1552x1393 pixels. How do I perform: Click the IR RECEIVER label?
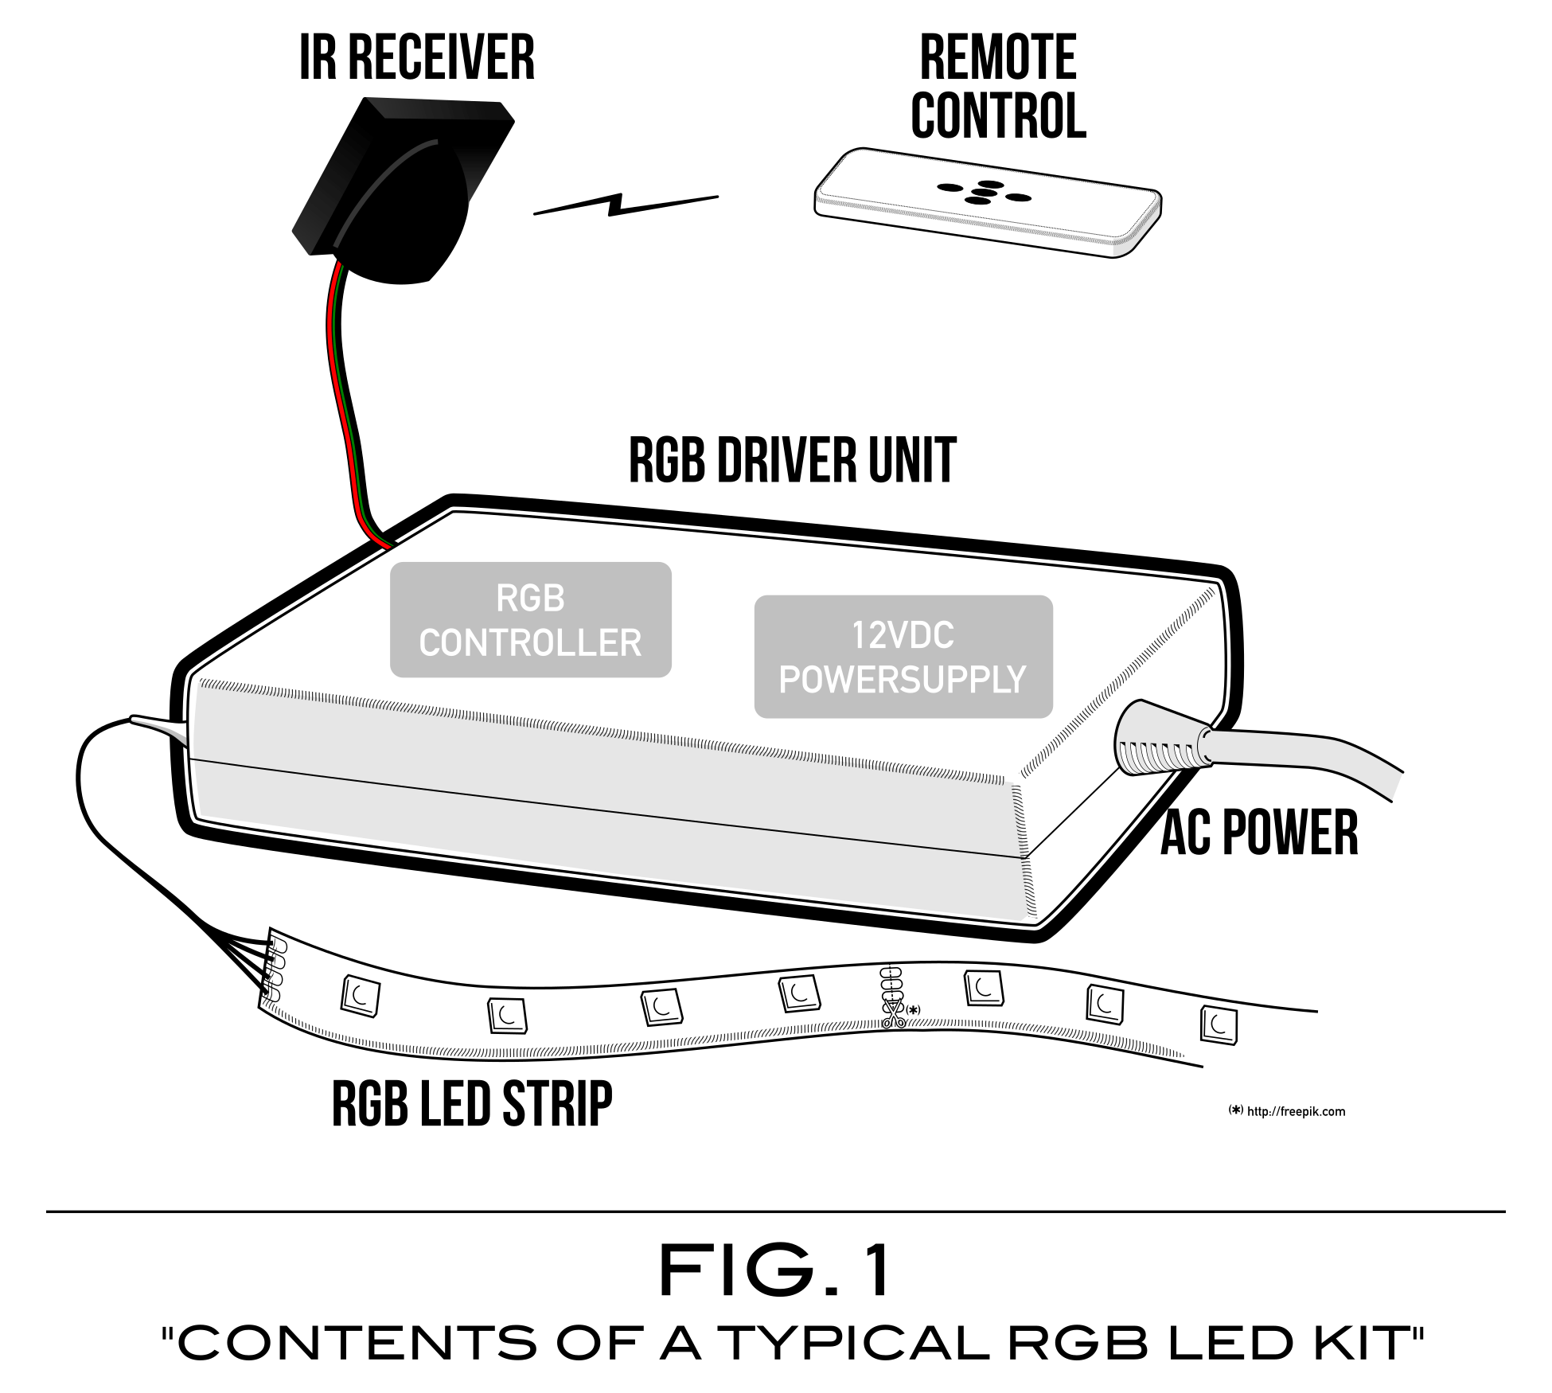tap(416, 57)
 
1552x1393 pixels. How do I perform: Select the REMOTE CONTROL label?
tap(998, 86)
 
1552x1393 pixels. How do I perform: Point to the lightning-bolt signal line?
tap(625, 205)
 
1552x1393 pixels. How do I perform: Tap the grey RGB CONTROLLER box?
tap(530, 620)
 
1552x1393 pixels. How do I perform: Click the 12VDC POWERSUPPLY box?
tap(903, 657)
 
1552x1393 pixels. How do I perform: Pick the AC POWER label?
tap(1259, 833)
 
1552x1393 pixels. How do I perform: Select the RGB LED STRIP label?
tap(472, 1104)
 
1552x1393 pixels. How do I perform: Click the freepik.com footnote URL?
tap(1295, 1111)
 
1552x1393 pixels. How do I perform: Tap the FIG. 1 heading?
tap(776, 1272)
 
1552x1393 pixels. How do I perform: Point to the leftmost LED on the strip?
tap(360, 996)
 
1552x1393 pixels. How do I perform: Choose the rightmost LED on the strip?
tap(1219, 1025)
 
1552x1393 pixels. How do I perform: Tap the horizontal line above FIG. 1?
tap(776, 1212)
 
